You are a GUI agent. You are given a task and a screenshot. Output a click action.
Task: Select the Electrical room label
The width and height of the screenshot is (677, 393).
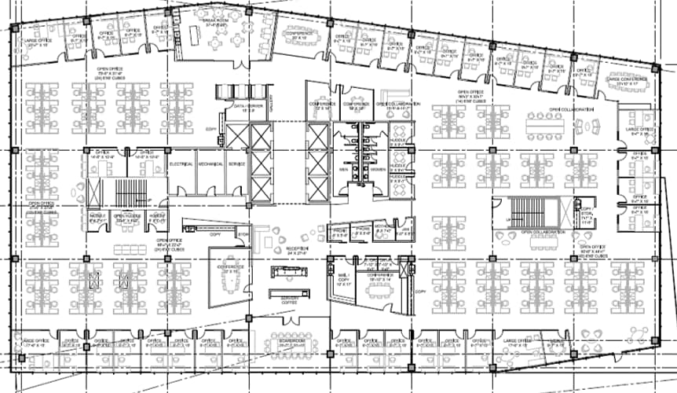[181, 163]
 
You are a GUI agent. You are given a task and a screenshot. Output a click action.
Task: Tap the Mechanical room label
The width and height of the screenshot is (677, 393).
[210, 163]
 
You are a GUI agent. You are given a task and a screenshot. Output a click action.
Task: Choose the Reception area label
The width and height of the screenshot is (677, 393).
[297, 251]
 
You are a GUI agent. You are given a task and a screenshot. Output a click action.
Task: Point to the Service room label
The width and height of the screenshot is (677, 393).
[236, 163]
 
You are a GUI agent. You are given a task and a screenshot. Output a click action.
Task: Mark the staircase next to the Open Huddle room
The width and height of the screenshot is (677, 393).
[126, 193]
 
